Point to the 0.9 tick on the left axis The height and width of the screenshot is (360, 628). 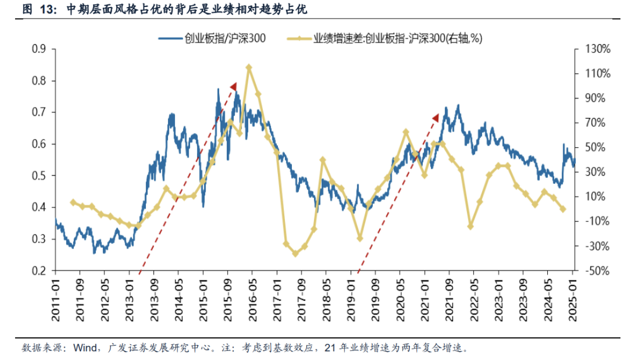(39, 49)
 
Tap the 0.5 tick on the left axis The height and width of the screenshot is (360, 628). (39, 176)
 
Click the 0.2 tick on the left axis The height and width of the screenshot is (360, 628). (39, 270)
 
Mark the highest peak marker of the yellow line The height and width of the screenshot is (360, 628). (249, 67)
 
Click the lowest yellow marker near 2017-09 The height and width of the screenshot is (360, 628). (295, 254)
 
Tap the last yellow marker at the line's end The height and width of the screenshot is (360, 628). (563, 209)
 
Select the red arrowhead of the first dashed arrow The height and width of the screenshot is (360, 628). (234, 87)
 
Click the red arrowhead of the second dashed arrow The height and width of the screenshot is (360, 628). (436, 118)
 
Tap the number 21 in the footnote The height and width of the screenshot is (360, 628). (329, 348)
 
